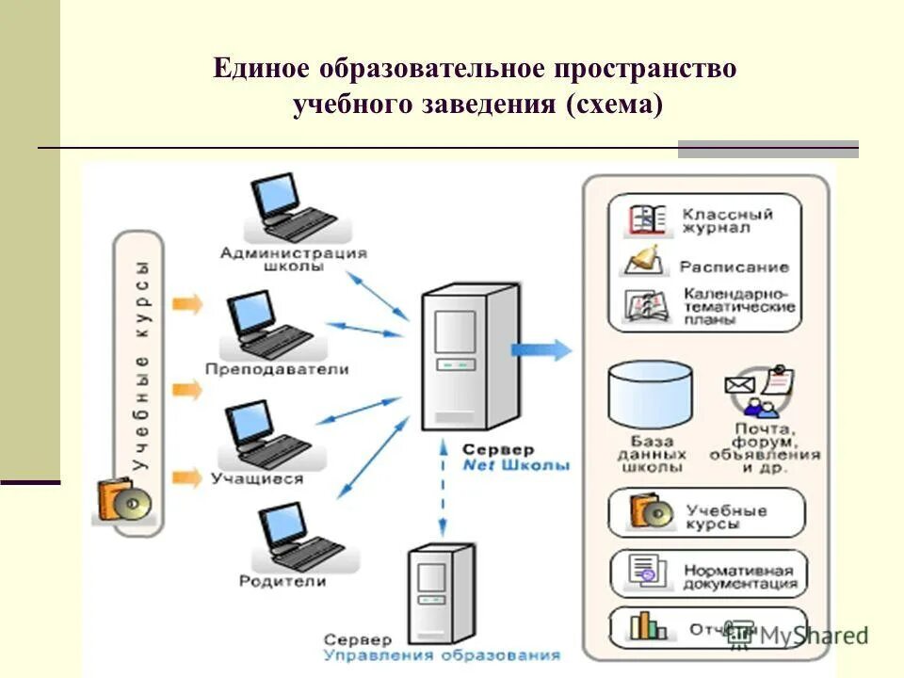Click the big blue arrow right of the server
[542, 350]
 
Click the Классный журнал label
[728, 220]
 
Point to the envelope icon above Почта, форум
[740, 384]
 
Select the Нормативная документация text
[739, 576]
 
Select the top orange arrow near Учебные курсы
[188, 303]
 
